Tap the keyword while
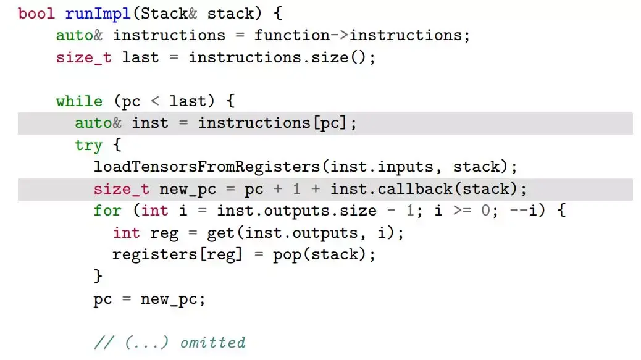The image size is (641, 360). (79, 101)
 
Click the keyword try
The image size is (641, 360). (88, 146)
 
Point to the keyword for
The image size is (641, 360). (107, 211)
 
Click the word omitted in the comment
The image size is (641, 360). (212, 342)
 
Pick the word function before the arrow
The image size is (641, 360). (292, 35)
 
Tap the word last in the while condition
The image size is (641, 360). (188, 101)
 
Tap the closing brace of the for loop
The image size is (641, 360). (98, 276)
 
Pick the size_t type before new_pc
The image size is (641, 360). (122, 188)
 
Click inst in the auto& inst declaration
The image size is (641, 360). (150, 123)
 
